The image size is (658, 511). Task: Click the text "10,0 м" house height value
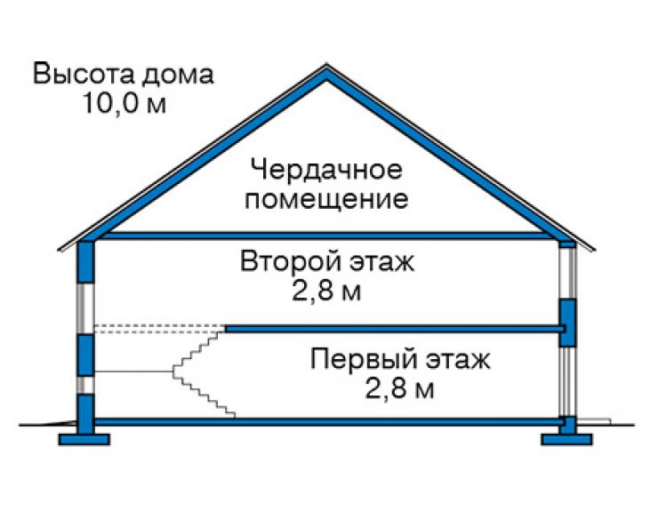pos(124,103)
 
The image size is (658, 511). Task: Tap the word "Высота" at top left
pos(84,75)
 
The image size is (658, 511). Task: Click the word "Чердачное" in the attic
pos(326,170)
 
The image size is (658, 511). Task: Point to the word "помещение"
pos(326,199)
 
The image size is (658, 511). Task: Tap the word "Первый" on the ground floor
pos(365,360)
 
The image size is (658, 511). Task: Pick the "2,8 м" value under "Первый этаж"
pos(399,388)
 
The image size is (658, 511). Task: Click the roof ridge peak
pos(326,65)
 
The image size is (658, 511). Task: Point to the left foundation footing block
pos(84,439)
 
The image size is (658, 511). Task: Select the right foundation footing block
pos(566,439)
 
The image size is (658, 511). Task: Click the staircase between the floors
pos(204,373)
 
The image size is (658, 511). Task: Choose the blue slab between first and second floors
pos(395,329)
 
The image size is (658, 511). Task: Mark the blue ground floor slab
pos(328,421)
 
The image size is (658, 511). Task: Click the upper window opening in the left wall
pos(85,308)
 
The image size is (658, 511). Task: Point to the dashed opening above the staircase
pos(159,329)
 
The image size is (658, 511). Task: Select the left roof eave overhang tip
pos(59,250)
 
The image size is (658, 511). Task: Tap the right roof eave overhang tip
pos(594,250)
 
